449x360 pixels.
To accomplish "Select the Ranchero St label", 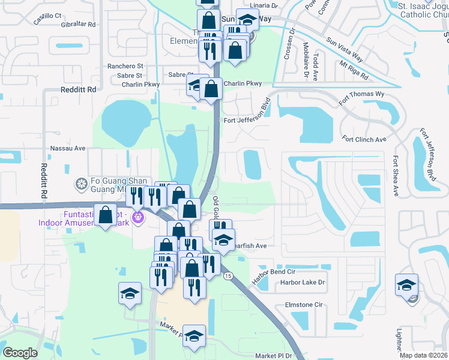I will point(125,66).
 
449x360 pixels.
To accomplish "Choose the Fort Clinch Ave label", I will point(364,140).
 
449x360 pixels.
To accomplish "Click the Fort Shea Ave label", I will point(396,177).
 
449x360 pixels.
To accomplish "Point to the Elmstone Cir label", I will point(303,305).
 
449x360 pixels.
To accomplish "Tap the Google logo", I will point(20,352).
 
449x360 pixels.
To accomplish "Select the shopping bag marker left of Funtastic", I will point(106,215).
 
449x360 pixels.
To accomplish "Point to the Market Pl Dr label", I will point(273,356).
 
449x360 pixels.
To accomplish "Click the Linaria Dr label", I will point(267,6).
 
